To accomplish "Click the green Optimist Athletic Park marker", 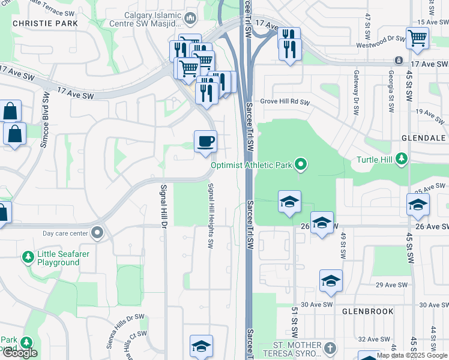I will click(301, 164).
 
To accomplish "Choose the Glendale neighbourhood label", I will click(424, 137).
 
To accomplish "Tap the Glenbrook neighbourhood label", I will click(368, 311).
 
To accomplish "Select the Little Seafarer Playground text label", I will click(58, 258).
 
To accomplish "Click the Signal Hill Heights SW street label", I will click(211, 216).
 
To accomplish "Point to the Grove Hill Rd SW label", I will click(285, 102).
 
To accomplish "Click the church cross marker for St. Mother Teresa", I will click(329, 348).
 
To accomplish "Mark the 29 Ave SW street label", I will click(396, 284).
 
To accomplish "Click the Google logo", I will click(20, 353).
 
